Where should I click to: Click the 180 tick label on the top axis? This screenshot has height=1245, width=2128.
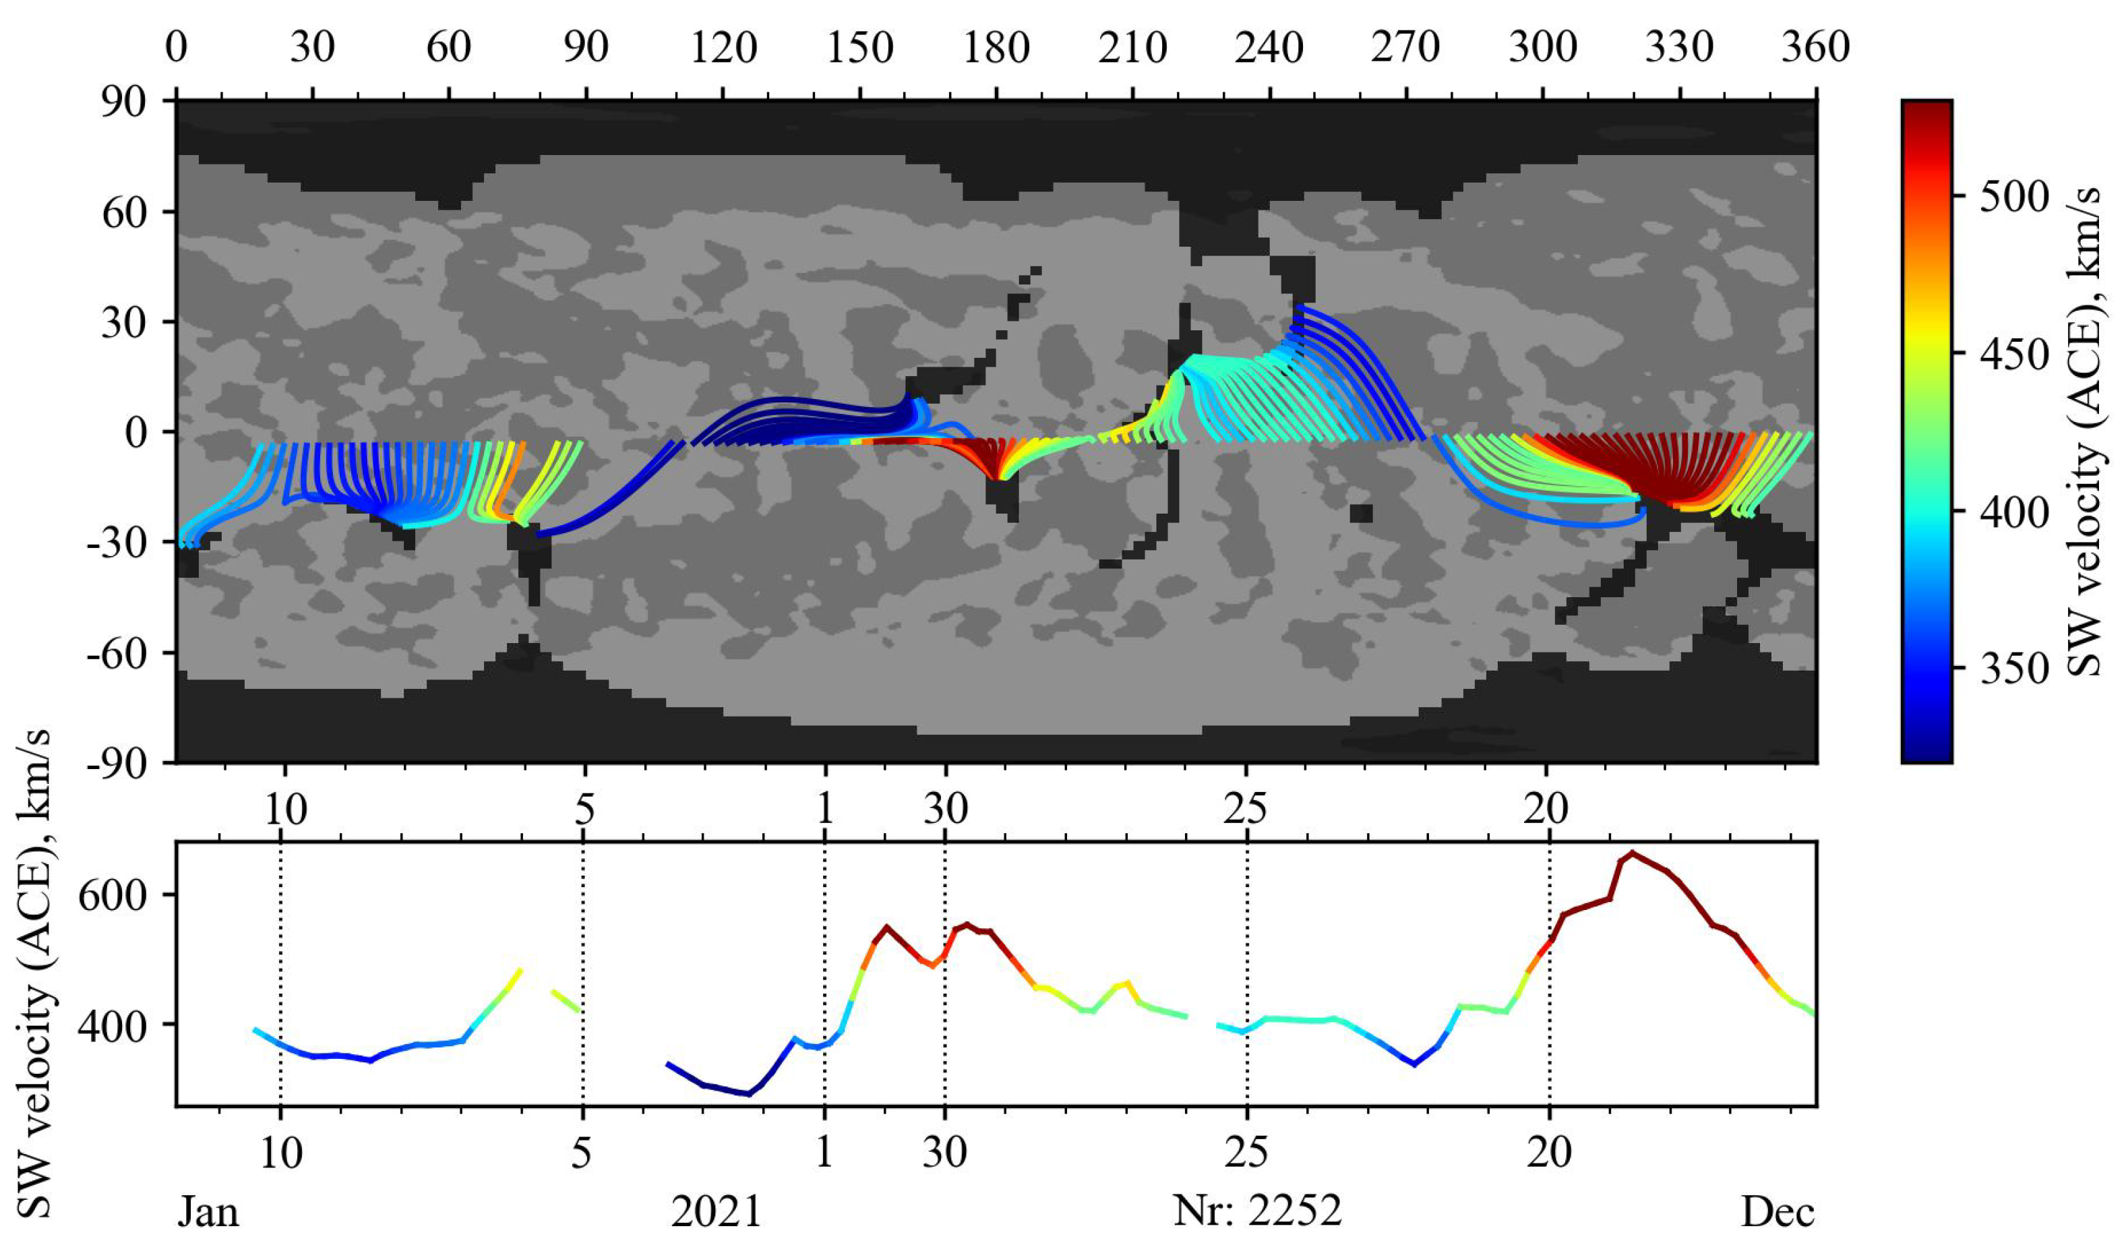tap(996, 48)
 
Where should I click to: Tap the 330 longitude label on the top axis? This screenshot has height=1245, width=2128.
tap(1679, 48)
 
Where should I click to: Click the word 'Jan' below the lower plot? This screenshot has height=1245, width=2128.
tap(208, 1213)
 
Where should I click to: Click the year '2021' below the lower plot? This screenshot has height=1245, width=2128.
tap(716, 1213)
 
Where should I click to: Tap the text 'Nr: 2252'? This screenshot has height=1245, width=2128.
tap(1257, 1213)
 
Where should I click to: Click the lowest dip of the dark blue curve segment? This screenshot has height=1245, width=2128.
tap(748, 1094)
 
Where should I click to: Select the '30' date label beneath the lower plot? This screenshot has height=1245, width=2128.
tap(944, 1153)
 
